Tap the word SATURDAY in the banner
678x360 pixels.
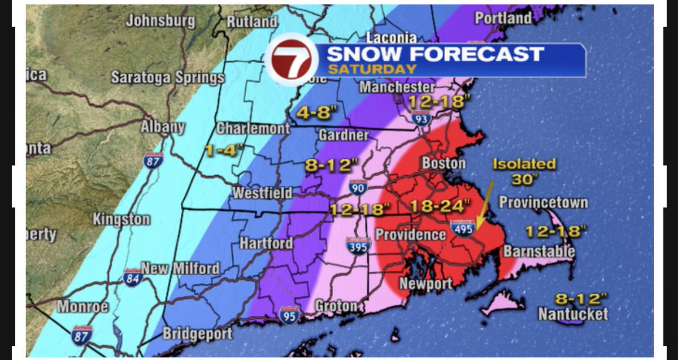(372, 69)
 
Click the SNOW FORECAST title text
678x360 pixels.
(435, 54)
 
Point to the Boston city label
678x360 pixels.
(444, 163)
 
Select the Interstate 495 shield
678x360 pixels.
(463, 228)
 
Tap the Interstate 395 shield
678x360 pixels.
(358, 245)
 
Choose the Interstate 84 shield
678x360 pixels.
(133, 277)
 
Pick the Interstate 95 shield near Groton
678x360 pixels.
(289, 315)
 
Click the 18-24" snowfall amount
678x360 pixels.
(433, 205)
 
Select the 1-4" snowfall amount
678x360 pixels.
(224, 151)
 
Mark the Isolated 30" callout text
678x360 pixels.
(524, 171)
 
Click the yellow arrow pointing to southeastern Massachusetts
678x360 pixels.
(484, 206)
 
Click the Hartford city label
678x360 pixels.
(266, 244)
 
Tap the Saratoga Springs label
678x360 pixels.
(168, 77)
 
